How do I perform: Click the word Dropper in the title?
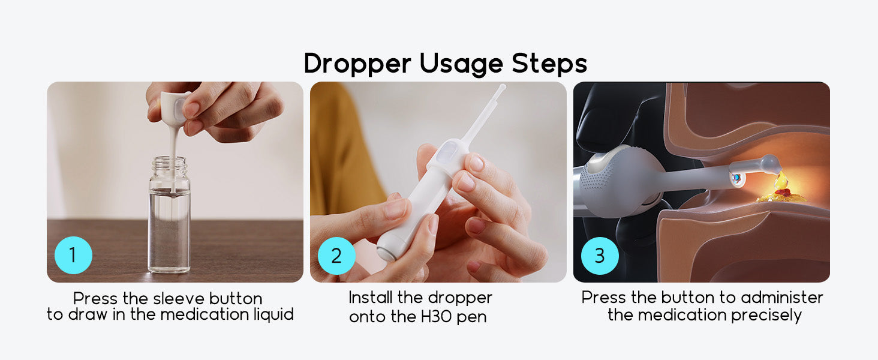[357, 64]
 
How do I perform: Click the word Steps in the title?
[549, 64]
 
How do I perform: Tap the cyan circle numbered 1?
[73, 255]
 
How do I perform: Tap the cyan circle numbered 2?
[336, 256]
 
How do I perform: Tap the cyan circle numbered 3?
[600, 256]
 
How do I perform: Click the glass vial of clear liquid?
[169, 215]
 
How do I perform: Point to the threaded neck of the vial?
[169, 166]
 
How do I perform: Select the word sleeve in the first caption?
[178, 299]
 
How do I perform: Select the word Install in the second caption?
[371, 298]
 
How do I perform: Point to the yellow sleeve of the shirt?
[345, 157]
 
